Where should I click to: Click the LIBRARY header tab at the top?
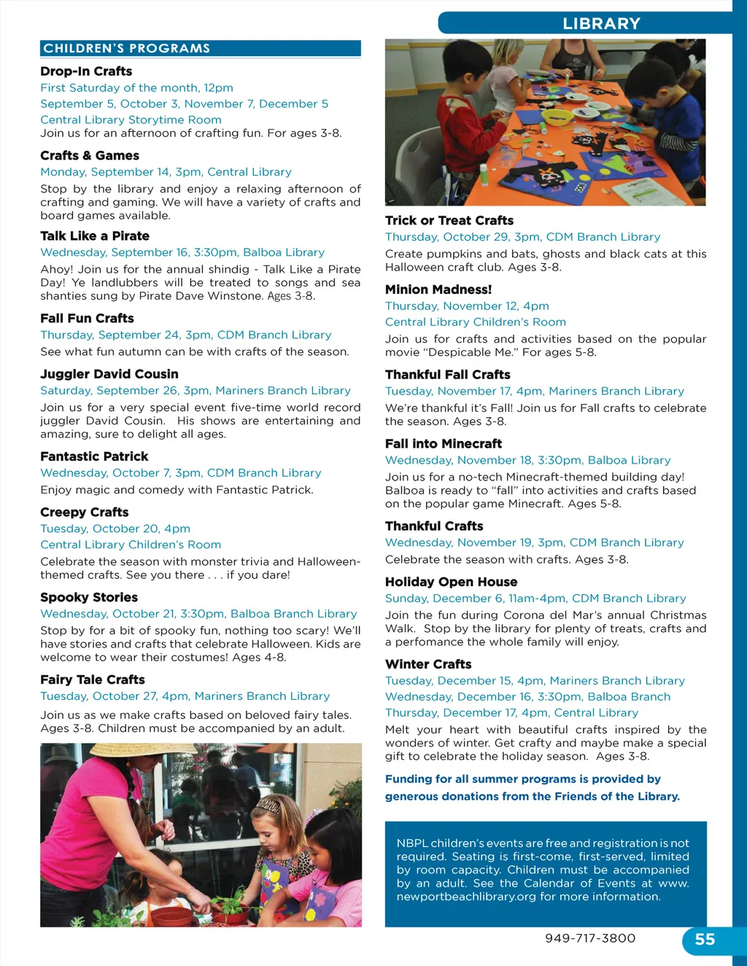point(600,23)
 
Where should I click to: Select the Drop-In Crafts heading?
point(86,71)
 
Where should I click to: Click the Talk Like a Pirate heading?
point(95,236)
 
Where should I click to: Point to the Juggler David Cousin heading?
point(109,374)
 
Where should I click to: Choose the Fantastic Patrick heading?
point(94,456)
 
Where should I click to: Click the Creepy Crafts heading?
point(85,513)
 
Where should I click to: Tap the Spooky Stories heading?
point(89,598)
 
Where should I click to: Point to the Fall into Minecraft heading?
point(444,444)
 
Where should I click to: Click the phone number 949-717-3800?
point(590,938)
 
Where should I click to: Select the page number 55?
point(705,940)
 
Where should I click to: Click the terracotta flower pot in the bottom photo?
point(172,915)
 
